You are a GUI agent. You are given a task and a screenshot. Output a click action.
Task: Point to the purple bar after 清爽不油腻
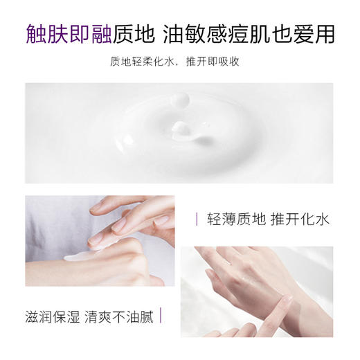[x=161, y=316]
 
